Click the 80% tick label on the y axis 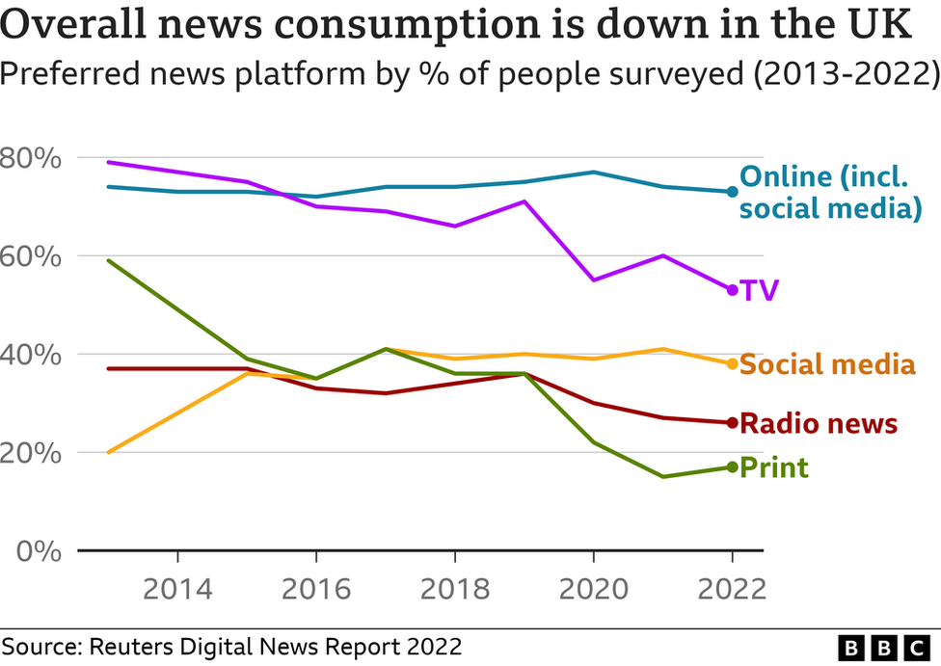pyautogui.click(x=31, y=158)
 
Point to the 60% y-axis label pyautogui.click(x=31, y=256)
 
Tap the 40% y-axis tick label pyautogui.click(x=31, y=355)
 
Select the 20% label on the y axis pyautogui.click(x=31, y=453)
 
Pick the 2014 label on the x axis pyautogui.click(x=177, y=589)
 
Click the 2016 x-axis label pyautogui.click(x=316, y=589)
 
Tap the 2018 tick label pyautogui.click(x=455, y=589)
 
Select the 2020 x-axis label pyautogui.click(x=594, y=589)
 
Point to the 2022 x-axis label pyautogui.click(x=732, y=589)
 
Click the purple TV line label pyautogui.click(x=759, y=290)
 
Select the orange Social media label pyautogui.click(x=827, y=364)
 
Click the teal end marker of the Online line pyautogui.click(x=732, y=192)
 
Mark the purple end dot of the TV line pyautogui.click(x=732, y=290)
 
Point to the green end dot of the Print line pyautogui.click(x=732, y=467)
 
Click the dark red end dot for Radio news pyautogui.click(x=732, y=423)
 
